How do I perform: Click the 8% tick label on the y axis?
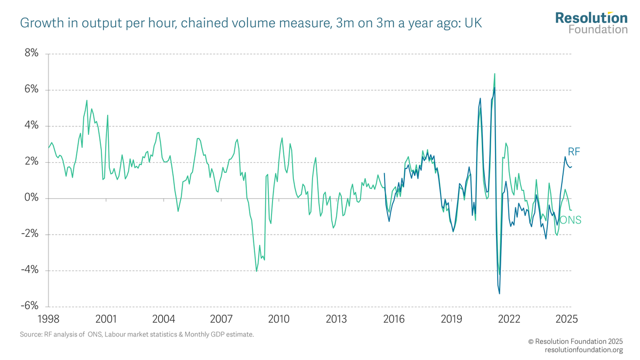[30, 53]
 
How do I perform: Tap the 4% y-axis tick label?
[30, 126]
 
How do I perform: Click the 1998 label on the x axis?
[49, 319]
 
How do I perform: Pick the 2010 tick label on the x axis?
[278, 319]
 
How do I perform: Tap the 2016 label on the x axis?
[394, 319]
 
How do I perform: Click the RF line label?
[573, 152]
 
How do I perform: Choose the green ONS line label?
[570, 220]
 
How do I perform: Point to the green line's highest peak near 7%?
[494, 74]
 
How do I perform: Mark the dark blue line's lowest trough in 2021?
[499, 293]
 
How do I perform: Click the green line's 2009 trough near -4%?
[257, 271]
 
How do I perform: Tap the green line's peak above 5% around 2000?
[87, 101]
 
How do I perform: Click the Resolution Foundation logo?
[591, 22]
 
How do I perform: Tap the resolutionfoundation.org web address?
[583, 350]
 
